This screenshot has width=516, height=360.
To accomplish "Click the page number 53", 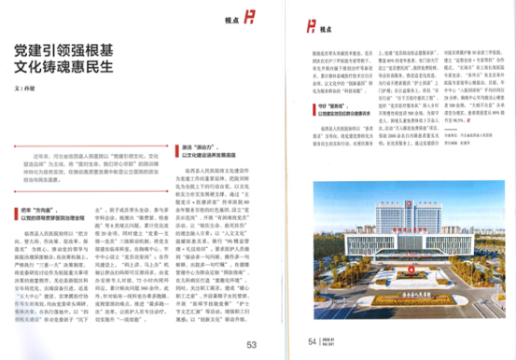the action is coord(251,344).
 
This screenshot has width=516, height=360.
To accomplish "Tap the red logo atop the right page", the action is coord(315,21).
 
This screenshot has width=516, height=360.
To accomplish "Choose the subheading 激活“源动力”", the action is coord(197,146).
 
